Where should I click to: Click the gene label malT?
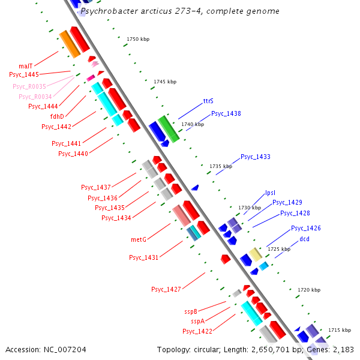click(25, 66)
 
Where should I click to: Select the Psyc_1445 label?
click(24, 74)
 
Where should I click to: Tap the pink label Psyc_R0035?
click(29, 86)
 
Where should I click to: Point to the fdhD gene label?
click(57, 116)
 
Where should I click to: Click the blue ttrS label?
click(209, 101)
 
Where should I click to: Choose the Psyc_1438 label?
click(226, 113)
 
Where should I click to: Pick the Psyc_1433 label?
click(256, 157)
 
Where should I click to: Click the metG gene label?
click(139, 239)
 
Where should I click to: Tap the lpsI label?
click(270, 193)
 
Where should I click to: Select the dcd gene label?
click(305, 239)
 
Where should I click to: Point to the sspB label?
click(191, 312)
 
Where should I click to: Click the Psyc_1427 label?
click(166, 289)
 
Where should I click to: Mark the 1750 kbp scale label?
click(138, 39)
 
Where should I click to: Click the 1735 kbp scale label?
click(221, 166)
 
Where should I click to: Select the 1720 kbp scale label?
click(309, 290)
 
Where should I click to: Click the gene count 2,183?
click(341, 349)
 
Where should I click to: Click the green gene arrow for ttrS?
click(169, 129)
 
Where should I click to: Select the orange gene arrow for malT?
click(70, 44)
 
